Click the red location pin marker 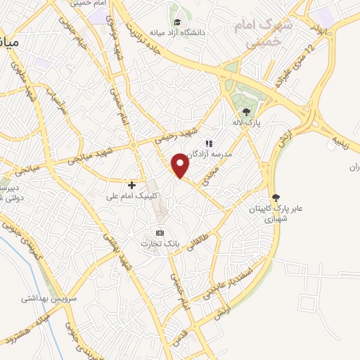click(181, 165)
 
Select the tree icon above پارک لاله click(246, 111)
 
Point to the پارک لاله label click(246, 122)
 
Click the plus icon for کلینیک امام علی click(131, 184)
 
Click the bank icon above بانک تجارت click(160, 233)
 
